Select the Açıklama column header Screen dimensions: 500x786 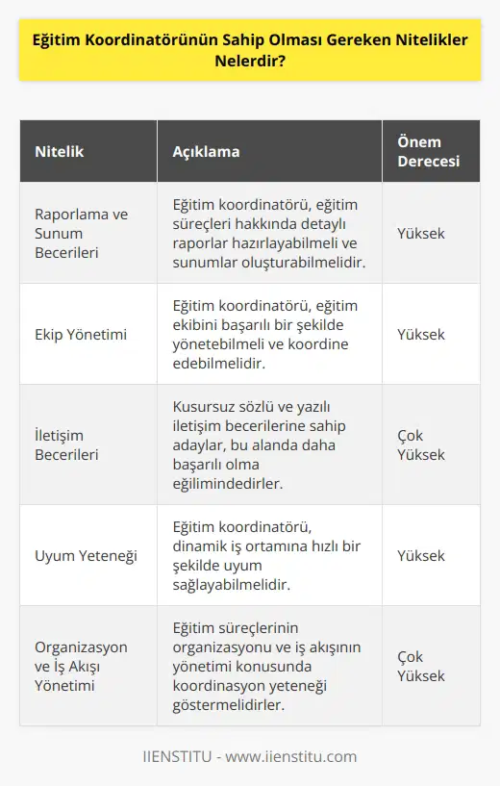[206, 152]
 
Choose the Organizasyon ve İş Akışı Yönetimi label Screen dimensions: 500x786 [81, 666]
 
